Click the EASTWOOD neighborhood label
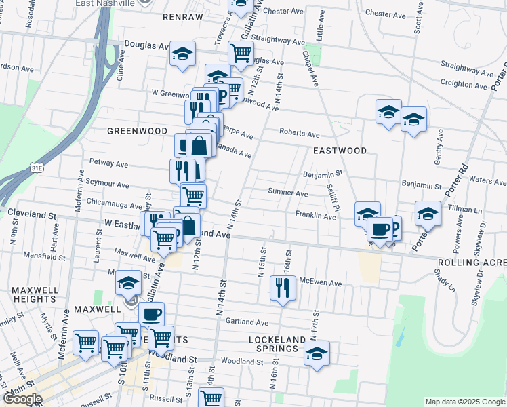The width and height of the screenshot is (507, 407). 340,151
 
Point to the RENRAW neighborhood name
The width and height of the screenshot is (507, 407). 183,16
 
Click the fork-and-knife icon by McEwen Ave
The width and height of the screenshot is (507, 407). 283,288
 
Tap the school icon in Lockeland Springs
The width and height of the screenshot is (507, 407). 316,353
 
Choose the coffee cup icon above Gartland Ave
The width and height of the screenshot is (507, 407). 152,314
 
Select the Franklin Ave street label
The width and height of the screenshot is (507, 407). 315,216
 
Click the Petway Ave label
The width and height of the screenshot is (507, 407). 109,163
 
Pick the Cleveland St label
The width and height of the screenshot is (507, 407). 32,214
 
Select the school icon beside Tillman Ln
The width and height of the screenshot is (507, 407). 427,214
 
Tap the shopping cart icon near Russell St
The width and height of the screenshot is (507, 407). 211,399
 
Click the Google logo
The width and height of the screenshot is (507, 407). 23,399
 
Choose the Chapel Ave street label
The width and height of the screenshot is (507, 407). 310,69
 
